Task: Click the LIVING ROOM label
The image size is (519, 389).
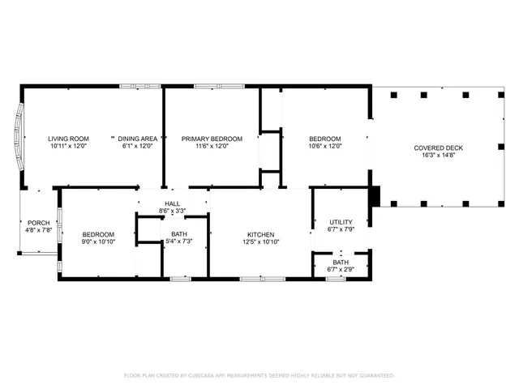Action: coord(68,139)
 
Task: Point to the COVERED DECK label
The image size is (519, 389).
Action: coord(438,147)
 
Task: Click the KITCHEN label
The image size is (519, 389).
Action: coord(260,234)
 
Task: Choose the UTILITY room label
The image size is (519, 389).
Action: coord(340,222)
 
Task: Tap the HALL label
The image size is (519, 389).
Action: coord(173,204)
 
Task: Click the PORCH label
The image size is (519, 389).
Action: coord(38,223)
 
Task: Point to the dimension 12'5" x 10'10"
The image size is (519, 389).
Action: coord(260,242)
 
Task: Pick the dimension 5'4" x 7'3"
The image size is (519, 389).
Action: coord(179,242)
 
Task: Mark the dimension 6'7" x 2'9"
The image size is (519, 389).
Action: coord(341,269)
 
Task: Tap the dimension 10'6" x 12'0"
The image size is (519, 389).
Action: coord(324,147)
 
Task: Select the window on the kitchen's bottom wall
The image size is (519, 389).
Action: coord(261,279)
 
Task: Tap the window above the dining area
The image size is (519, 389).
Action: coord(134,87)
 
